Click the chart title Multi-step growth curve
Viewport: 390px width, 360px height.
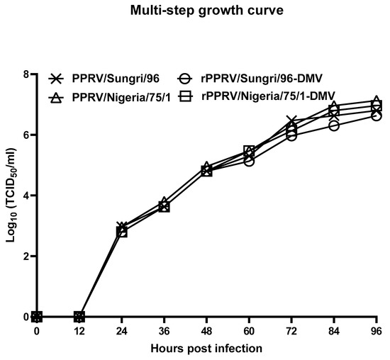coord(194,11)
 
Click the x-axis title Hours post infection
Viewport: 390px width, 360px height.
coord(206,348)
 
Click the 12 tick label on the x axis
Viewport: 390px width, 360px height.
coord(79,332)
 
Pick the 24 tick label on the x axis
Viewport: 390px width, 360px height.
coord(121,332)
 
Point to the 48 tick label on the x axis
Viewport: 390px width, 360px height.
coord(206,332)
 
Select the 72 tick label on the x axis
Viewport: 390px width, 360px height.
coord(291,332)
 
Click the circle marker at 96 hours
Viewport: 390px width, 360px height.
coord(376,116)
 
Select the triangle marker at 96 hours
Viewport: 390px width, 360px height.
coord(376,101)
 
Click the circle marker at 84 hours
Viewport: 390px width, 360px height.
coord(333,125)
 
